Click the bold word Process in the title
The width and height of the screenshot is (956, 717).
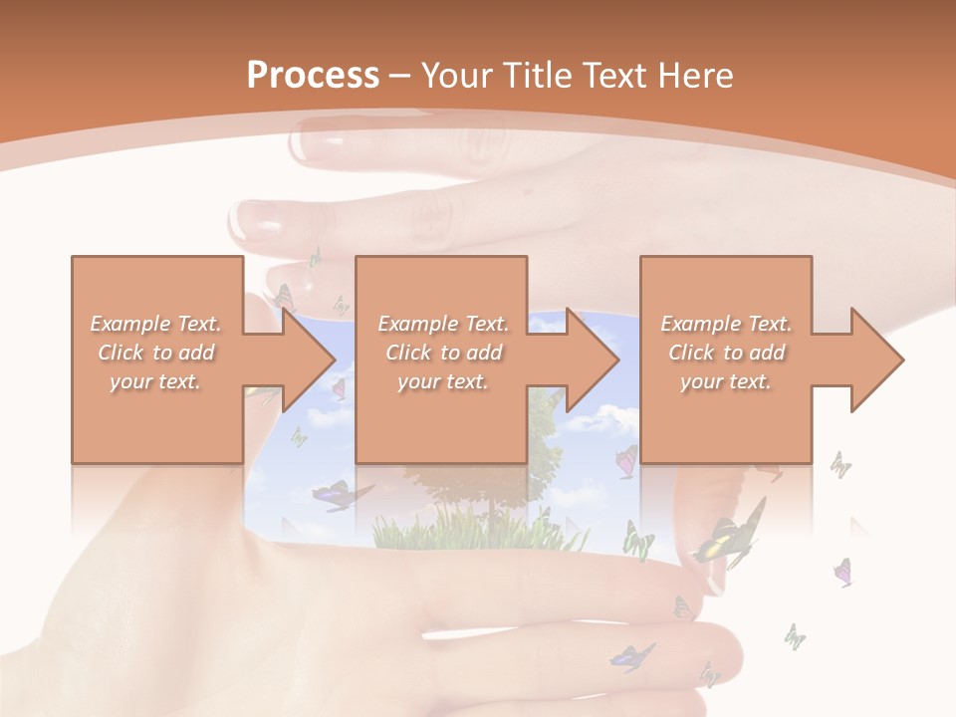[x=313, y=76]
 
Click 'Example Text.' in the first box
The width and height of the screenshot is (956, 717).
[x=156, y=324]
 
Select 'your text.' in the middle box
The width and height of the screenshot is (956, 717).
[x=443, y=381]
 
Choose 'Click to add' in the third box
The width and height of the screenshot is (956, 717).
[x=726, y=353]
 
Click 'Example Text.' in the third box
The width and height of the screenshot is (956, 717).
[x=726, y=324]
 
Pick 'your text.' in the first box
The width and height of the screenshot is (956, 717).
[x=156, y=381]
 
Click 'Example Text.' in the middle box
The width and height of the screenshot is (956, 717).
[x=443, y=324]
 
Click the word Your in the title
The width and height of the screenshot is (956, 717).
[x=459, y=76]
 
